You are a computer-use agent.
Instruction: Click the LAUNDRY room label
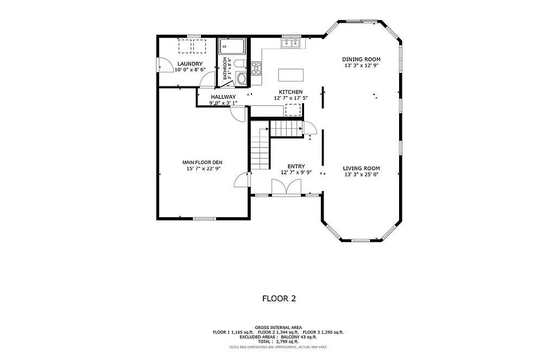(189, 64)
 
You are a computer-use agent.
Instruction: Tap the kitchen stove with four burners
(256, 68)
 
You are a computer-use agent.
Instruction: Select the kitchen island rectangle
(290, 74)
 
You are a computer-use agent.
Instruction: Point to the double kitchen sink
(291, 42)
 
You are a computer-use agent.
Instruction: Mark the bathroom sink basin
(242, 78)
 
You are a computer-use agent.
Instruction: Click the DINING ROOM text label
(361, 59)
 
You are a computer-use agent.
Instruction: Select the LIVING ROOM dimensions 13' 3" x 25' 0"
(361, 174)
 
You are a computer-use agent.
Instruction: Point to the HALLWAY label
(223, 97)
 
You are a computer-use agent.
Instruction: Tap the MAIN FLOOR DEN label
(202, 162)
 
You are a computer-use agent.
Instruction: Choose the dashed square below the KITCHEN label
(293, 111)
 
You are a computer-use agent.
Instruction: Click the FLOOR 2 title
(279, 298)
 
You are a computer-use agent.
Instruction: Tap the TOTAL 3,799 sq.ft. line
(278, 342)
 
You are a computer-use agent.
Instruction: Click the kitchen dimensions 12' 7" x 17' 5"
(290, 98)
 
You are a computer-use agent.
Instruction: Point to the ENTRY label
(296, 166)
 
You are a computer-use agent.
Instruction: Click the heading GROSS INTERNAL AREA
(278, 327)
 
